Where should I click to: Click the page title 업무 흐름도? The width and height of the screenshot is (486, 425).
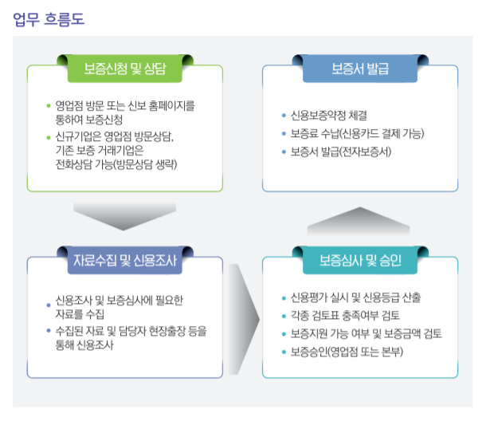(x=49, y=18)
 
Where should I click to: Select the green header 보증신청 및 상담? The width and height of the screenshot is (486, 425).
(x=125, y=67)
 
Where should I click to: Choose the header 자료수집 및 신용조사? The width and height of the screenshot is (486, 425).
(x=124, y=261)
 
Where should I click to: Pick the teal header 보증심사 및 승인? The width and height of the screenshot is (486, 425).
(x=360, y=261)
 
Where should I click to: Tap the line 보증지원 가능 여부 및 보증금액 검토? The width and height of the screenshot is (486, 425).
(x=366, y=333)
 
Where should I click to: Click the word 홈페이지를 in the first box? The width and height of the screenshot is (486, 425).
(x=170, y=105)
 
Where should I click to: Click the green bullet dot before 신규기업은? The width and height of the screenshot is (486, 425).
(x=49, y=136)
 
